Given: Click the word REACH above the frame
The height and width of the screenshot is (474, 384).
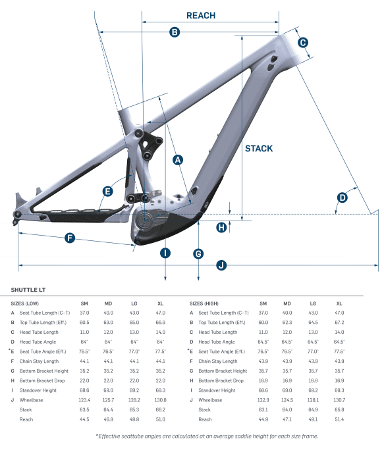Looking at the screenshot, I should [x=201, y=15].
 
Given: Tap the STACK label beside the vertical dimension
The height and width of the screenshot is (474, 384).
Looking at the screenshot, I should [x=258, y=148].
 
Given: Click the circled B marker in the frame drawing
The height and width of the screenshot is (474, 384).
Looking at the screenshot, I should [x=175, y=32].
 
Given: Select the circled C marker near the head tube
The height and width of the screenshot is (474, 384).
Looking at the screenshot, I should [x=302, y=43].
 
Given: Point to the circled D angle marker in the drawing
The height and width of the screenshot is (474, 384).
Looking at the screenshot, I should [x=343, y=197].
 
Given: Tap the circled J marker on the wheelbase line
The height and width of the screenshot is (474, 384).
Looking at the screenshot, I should [x=221, y=265].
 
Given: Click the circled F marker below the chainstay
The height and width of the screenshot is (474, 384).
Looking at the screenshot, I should [x=70, y=238].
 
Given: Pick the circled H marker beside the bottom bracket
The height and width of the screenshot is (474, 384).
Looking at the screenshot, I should [x=222, y=227].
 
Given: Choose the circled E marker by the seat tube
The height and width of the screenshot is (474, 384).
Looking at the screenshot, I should [x=107, y=191].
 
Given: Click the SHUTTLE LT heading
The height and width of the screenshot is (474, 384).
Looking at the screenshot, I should [x=28, y=289].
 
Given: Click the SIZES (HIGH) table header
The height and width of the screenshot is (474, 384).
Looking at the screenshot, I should [x=207, y=303].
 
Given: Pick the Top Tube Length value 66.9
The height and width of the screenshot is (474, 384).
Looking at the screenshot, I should [x=160, y=323].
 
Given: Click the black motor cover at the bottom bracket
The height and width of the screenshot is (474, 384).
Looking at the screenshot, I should [x=161, y=227].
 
